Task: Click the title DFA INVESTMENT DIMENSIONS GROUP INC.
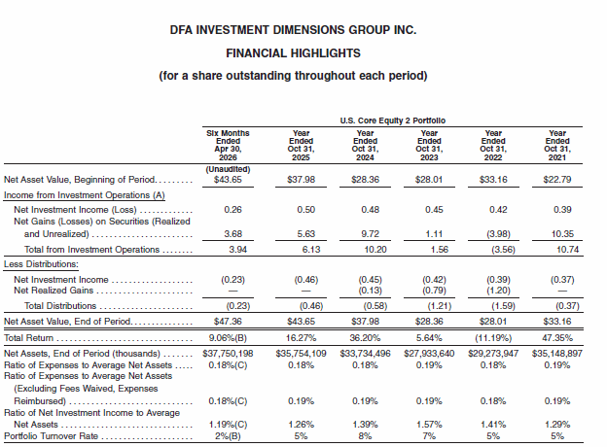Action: tap(293, 30)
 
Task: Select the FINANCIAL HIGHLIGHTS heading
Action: tap(293, 53)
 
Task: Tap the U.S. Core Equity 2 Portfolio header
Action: tap(393, 120)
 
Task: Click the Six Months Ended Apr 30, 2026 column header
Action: tap(228, 145)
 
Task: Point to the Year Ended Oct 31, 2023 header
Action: tap(429, 145)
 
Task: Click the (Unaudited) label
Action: tap(228, 169)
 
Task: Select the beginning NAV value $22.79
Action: tap(557, 180)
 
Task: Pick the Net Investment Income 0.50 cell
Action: tap(305, 210)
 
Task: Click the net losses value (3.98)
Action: tap(498, 234)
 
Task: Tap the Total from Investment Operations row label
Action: tap(91, 250)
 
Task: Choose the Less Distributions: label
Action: tap(41, 264)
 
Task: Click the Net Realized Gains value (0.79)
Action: tap(434, 290)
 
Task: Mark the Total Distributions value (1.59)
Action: tap(503, 306)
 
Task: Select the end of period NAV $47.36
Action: tap(228, 322)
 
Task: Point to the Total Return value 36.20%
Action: tap(365, 338)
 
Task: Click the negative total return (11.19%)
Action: tap(493, 338)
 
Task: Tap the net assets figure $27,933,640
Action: tap(429, 354)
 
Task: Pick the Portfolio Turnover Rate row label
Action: tap(52, 436)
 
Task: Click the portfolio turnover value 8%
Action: tap(365, 436)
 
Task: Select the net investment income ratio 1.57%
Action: tap(429, 425)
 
